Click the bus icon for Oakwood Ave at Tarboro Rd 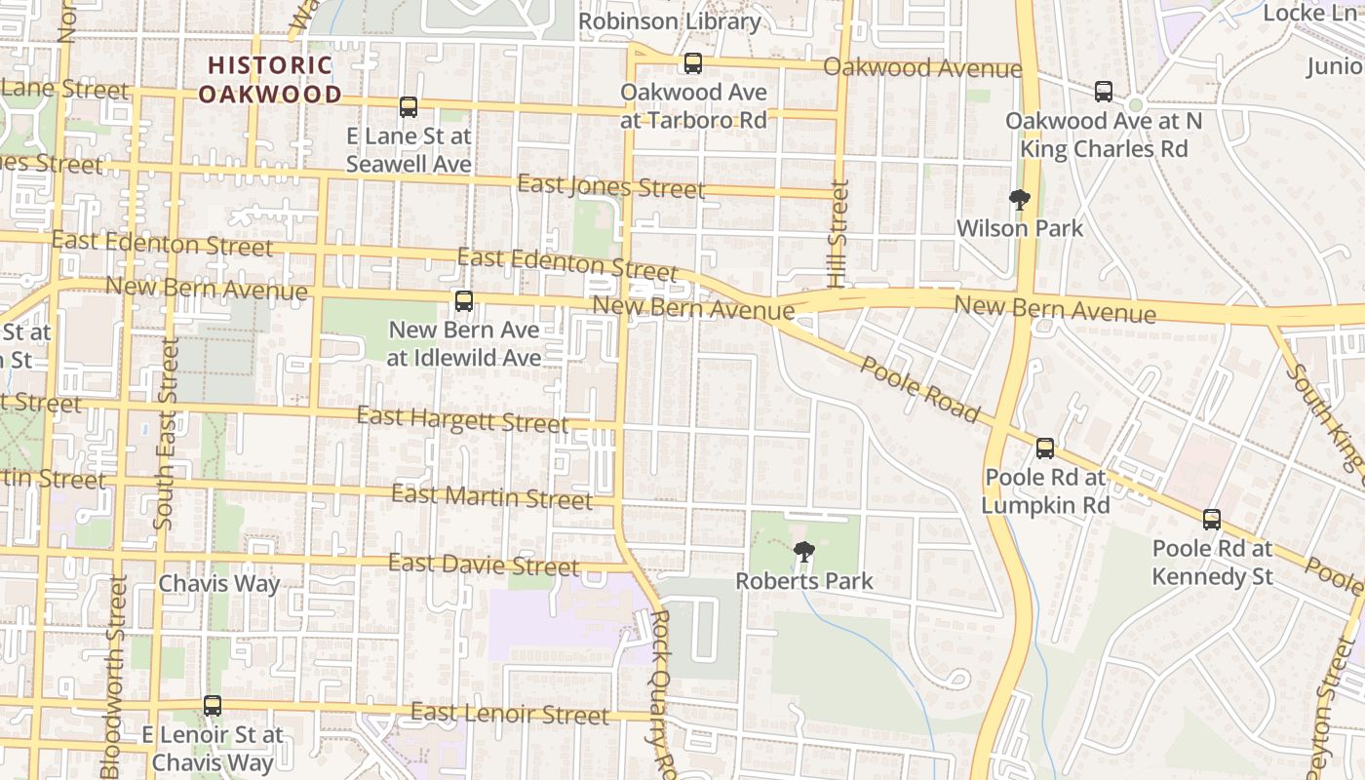click(x=693, y=63)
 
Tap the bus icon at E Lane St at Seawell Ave click(x=409, y=107)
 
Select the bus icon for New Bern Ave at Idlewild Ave click(x=464, y=301)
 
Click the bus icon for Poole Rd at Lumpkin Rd click(x=1045, y=448)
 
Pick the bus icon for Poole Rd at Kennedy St click(x=1212, y=520)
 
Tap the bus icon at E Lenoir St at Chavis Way click(x=213, y=705)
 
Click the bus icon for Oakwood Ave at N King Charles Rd click(x=1104, y=92)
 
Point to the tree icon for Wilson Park click(x=1020, y=201)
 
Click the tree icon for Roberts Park click(x=804, y=553)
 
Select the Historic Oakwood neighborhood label click(x=270, y=80)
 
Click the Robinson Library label click(x=669, y=20)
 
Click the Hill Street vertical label click(x=838, y=234)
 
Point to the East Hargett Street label click(x=462, y=419)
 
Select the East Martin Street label click(x=491, y=496)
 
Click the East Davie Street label click(x=484, y=565)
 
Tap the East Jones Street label click(x=610, y=185)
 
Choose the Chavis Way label click(x=219, y=584)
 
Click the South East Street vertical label click(x=165, y=434)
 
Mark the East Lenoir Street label click(x=509, y=714)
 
